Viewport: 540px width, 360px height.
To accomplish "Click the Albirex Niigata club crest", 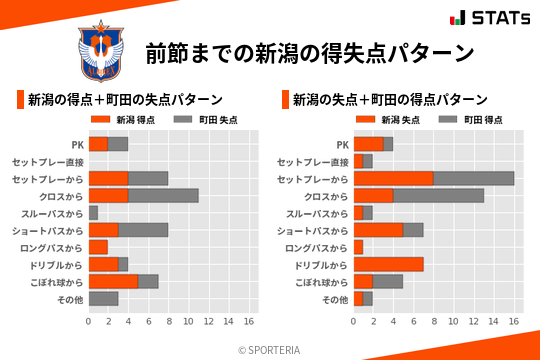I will [x=101, y=51].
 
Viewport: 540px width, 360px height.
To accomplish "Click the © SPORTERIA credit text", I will [x=270, y=349].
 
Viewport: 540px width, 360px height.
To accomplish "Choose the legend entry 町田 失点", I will [x=206, y=119].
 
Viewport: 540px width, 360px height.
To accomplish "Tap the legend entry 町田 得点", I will [x=471, y=119].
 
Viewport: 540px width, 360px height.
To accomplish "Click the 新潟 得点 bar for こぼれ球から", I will [x=113, y=281].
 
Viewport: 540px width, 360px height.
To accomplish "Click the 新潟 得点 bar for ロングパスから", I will [x=98, y=247].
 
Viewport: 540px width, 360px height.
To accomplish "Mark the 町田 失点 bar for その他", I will [x=103, y=298].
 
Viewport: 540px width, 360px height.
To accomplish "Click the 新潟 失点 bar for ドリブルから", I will [x=388, y=264].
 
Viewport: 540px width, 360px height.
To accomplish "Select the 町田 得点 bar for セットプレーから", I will [x=474, y=178].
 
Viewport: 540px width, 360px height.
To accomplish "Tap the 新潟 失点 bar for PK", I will [x=368, y=144].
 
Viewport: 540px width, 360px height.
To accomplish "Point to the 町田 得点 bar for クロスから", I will [x=439, y=195].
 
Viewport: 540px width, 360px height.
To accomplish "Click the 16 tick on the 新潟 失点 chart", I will [x=514, y=322].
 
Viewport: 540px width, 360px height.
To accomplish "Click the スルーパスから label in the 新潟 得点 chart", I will [x=48, y=213].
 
